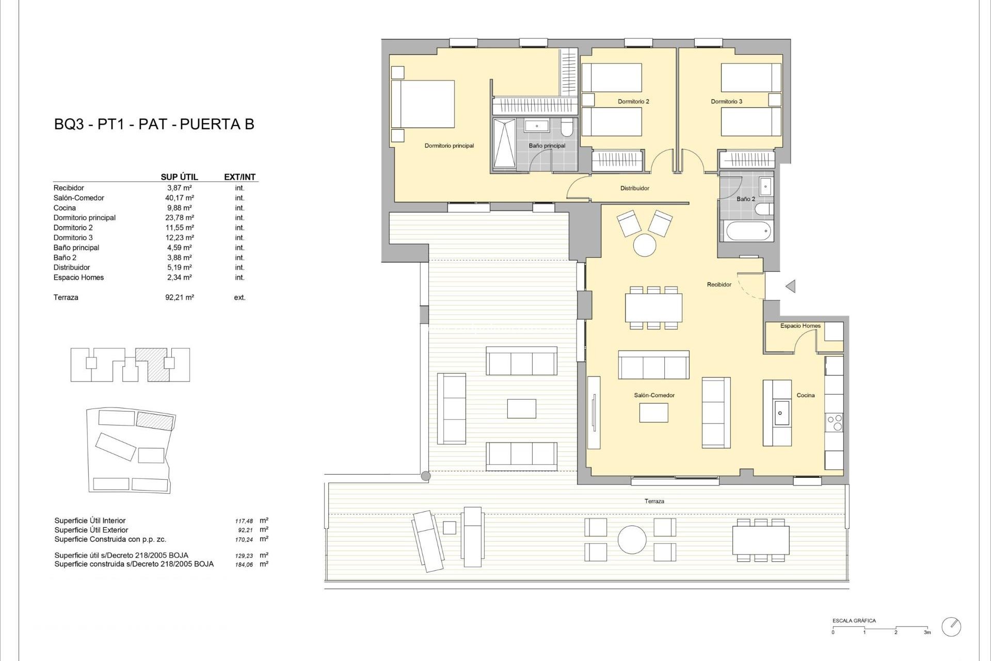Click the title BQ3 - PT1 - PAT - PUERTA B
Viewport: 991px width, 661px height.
tap(154, 124)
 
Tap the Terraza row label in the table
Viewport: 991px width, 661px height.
tap(66, 297)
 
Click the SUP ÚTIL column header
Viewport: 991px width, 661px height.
tap(179, 177)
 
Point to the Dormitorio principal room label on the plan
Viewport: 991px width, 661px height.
tap(449, 146)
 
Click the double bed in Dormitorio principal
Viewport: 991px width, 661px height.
tap(423, 104)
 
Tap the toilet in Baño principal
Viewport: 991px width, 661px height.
tap(567, 127)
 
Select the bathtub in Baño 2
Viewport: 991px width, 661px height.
tap(748, 231)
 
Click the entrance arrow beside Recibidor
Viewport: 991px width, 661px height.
tap(790, 286)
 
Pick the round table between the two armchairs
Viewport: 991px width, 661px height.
tap(645, 245)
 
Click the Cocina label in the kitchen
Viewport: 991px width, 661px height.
tap(805, 395)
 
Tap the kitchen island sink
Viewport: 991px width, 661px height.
tap(780, 413)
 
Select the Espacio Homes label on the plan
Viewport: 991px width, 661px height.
tap(800, 326)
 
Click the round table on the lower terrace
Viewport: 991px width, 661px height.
tap(632, 540)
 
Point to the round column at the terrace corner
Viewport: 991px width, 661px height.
tap(425, 476)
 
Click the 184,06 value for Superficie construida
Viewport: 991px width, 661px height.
tap(244, 565)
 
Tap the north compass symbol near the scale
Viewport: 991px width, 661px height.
tap(951, 627)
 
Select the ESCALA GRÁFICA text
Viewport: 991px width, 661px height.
tap(854, 621)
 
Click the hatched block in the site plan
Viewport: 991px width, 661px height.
tap(155, 421)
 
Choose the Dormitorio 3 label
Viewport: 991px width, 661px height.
tap(726, 102)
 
